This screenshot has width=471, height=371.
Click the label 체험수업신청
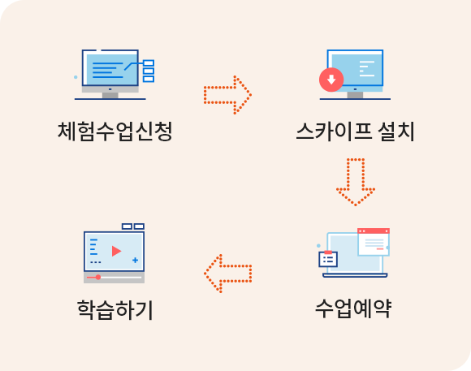click(115, 132)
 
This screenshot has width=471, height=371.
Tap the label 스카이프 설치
click(356, 132)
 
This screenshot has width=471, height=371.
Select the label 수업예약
click(353, 308)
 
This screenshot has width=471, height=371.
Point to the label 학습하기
click(115, 310)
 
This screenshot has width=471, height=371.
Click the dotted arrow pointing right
click(227, 95)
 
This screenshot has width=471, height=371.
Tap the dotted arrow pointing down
click(356, 182)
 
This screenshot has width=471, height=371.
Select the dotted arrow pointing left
click(227, 274)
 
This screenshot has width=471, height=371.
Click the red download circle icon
click(331, 80)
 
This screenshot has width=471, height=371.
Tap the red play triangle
click(116, 251)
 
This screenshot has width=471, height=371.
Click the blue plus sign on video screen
click(135, 260)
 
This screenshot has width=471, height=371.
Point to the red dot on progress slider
click(98, 277)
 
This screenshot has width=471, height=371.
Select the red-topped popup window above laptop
click(374, 242)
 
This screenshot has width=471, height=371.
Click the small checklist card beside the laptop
click(328, 259)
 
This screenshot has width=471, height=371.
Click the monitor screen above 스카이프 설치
click(356, 68)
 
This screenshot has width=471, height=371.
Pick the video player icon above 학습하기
click(115, 253)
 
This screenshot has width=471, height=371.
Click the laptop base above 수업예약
click(355, 275)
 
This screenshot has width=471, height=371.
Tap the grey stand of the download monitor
click(355, 95)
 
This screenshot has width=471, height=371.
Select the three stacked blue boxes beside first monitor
click(149, 71)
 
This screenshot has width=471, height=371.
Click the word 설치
click(396, 132)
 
